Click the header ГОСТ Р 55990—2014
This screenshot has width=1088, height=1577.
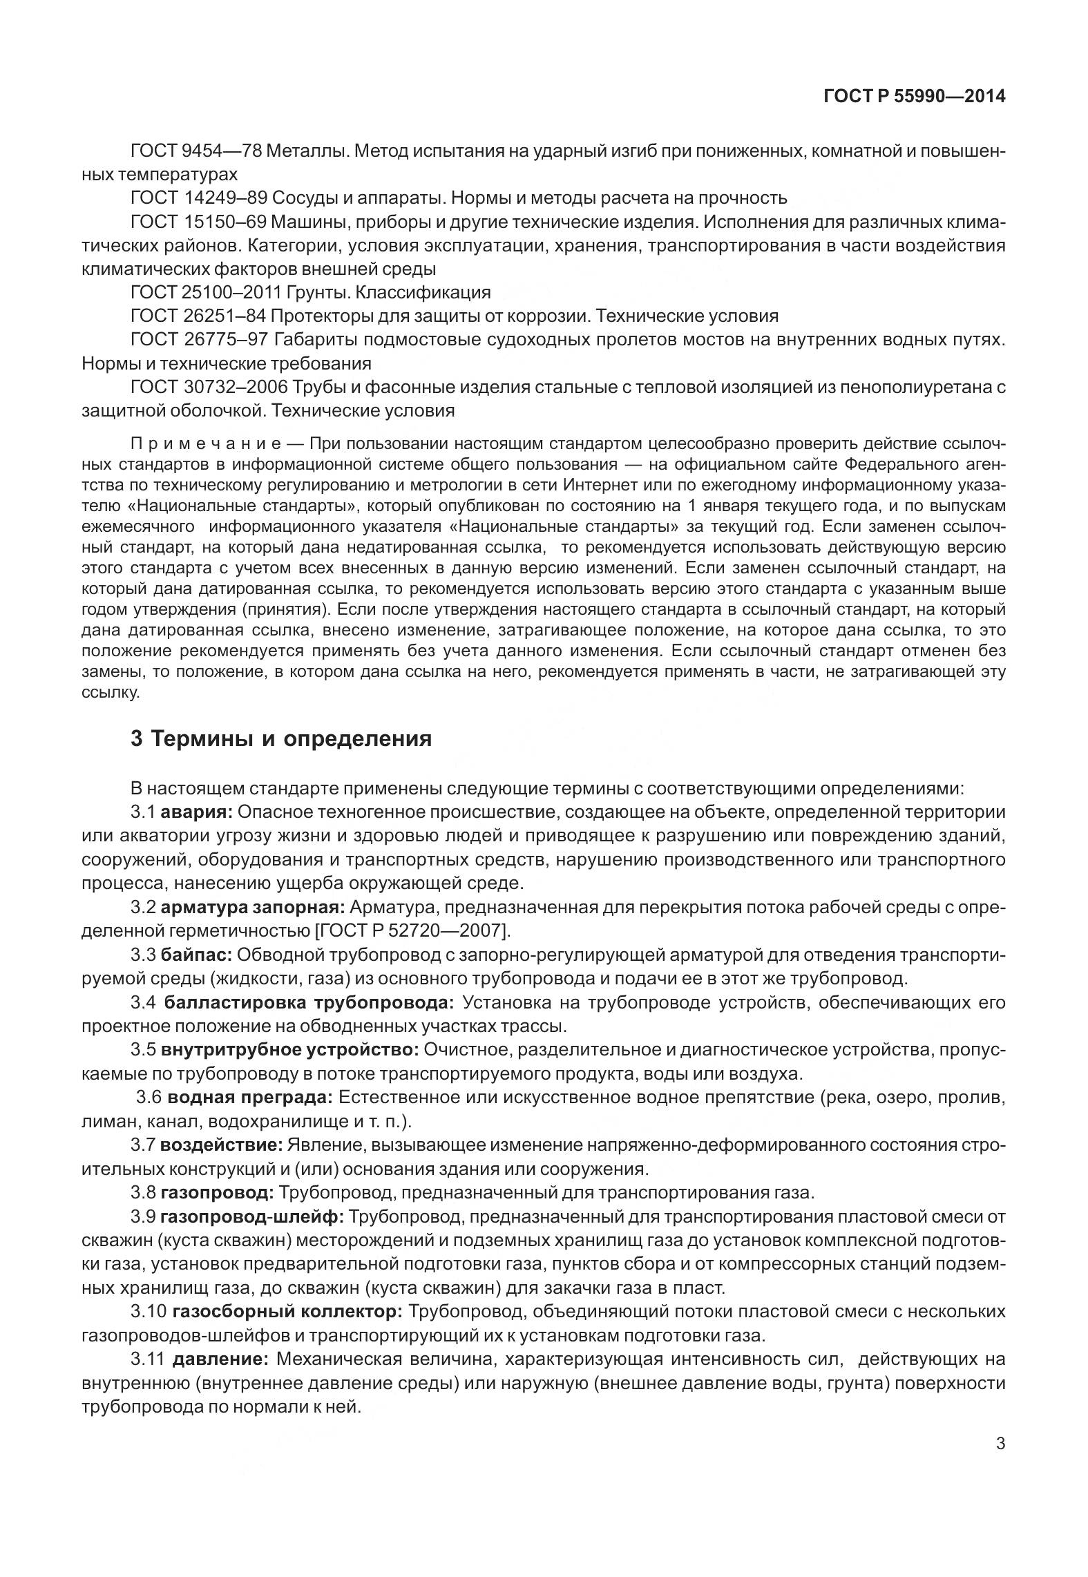914,97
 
